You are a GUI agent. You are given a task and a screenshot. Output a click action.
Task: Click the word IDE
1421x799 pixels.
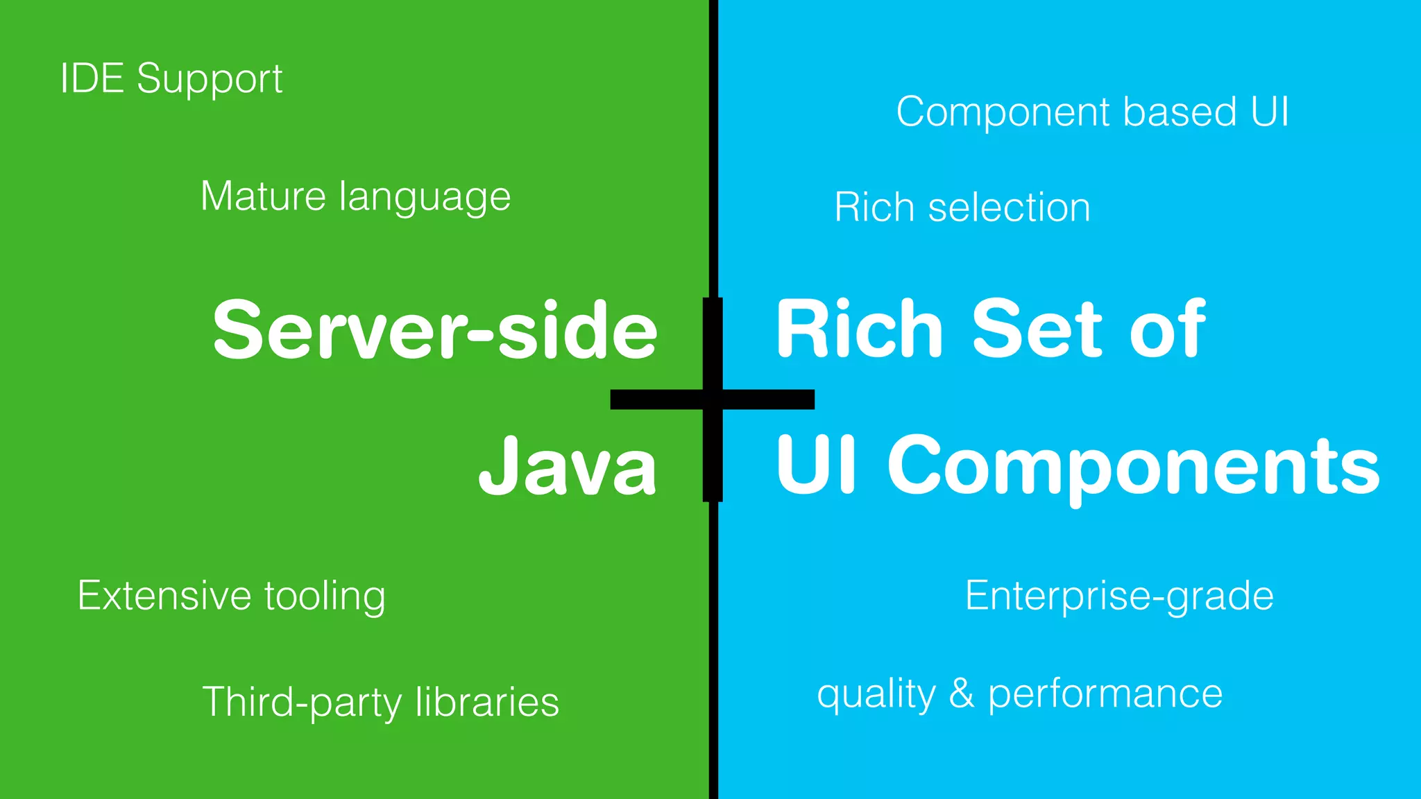[x=92, y=78]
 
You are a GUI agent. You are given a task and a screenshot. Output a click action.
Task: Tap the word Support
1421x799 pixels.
[x=210, y=79]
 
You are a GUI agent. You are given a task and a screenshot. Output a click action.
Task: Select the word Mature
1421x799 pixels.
[x=263, y=196]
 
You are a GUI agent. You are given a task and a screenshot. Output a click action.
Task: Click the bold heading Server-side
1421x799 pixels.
[x=435, y=330]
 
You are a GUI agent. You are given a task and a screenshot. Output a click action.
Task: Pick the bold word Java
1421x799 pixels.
[x=568, y=466]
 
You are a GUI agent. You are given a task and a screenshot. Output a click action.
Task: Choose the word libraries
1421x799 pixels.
[x=487, y=701]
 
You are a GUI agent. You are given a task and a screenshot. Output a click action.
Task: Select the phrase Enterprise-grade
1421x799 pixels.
[x=1119, y=595]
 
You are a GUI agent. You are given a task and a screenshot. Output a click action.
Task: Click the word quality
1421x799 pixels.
[x=876, y=694]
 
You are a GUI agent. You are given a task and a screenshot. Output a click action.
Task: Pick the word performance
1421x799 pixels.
[x=1105, y=694]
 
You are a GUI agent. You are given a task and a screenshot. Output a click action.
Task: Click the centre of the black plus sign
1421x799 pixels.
[x=713, y=399]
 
